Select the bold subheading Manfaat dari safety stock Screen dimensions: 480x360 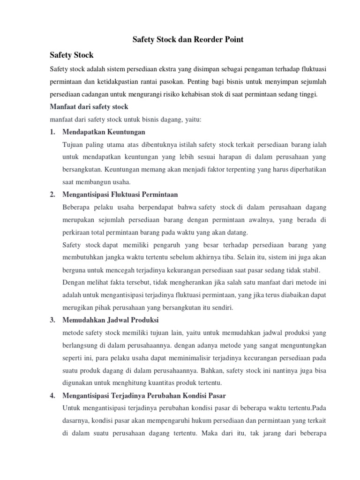point(89,107)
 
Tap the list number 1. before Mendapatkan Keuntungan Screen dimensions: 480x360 point(53,132)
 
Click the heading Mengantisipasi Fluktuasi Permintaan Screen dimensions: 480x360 point(120,194)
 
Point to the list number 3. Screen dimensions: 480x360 point(53,320)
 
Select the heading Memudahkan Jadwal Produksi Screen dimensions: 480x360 point(110,320)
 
